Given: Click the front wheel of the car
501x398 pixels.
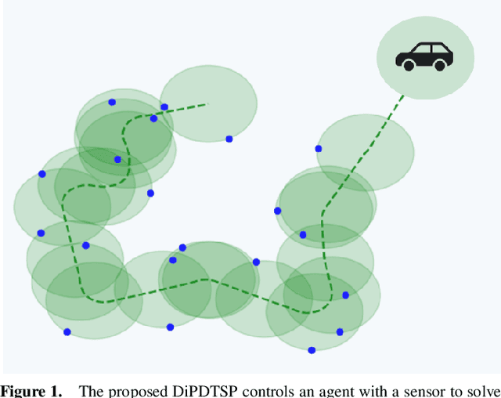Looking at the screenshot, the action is coord(409,66).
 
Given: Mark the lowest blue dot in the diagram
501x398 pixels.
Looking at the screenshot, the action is coord(312,350).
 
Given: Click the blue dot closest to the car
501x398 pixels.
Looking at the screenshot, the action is coord(318,148).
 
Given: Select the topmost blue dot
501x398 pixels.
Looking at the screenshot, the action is coord(112,102).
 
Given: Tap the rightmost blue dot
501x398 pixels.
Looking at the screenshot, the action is coord(346,295).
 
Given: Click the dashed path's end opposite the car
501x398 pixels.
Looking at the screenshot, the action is coord(208,103).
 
